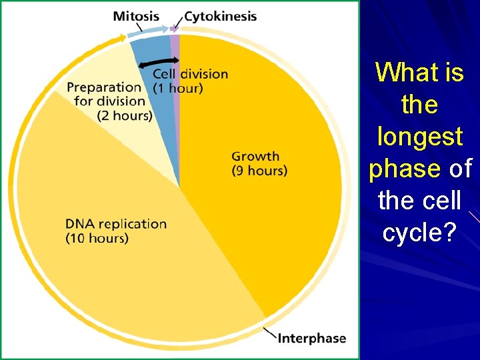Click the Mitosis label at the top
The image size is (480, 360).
[136, 16]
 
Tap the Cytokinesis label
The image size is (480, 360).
[220, 16]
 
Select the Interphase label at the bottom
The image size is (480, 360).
[311, 338]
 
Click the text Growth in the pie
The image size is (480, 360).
[255, 157]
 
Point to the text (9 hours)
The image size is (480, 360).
[259, 171]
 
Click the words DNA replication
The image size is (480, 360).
[116, 224]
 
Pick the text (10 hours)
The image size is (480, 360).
[97, 238]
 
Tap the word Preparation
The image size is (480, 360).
[104, 87]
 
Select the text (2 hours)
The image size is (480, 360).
[125, 116]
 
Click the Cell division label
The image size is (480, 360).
[190, 74]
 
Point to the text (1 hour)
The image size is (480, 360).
[178, 88]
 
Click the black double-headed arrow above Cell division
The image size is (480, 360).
[159, 63]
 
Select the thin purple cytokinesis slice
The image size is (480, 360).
[175, 100]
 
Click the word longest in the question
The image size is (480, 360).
[419, 137]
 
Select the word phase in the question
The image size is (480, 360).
[404, 169]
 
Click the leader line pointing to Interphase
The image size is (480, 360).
[270, 332]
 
